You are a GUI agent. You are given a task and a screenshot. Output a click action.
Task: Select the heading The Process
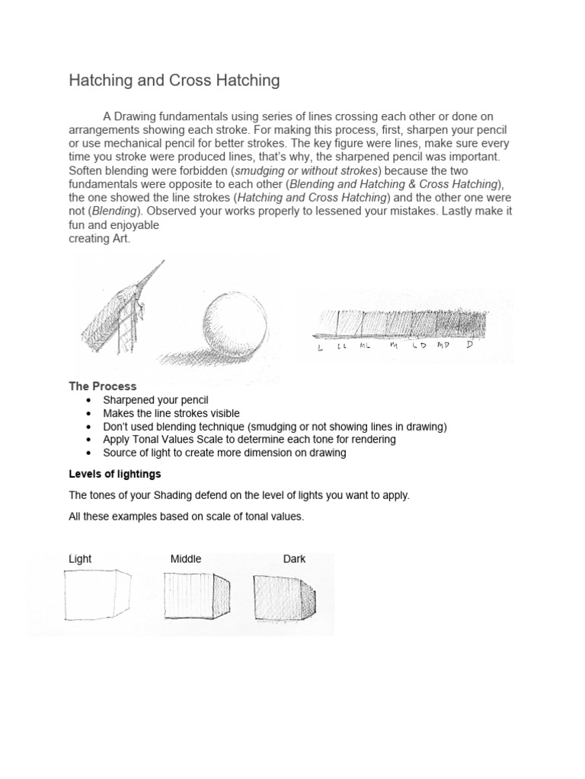pos(103,386)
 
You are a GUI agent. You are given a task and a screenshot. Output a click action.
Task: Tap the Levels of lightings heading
pos(114,473)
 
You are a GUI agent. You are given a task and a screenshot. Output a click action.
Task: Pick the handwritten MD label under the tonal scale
pos(443,346)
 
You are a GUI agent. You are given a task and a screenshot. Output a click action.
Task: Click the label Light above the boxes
pos(80,558)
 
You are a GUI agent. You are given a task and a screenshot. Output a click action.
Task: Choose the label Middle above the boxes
pos(186,558)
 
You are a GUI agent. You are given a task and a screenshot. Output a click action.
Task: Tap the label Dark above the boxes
pos(294,558)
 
